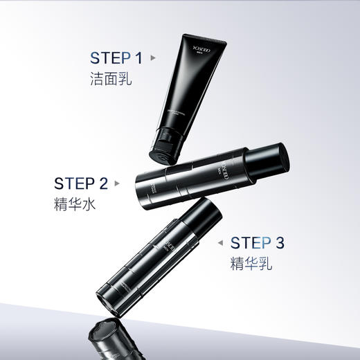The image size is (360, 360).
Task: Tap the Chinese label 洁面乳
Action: tap(111, 79)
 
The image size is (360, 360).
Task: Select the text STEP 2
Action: tap(81, 184)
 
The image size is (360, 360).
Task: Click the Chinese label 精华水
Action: tap(74, 206)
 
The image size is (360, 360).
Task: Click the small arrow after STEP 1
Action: tap(153, 58)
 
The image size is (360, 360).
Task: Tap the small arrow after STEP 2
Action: tap(117, 184)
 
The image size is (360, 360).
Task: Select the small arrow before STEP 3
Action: tap(221, 243)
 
